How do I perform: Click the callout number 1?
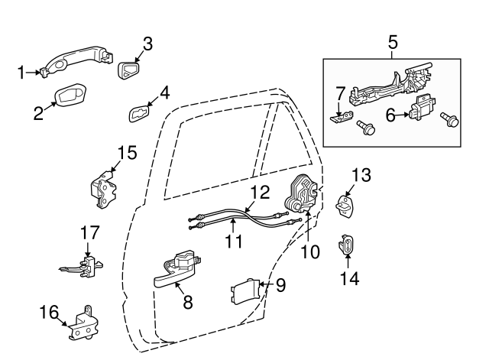(x=21, y=73)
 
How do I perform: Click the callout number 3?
(x=147, y=44)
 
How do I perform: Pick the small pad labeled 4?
(x=140, y=114)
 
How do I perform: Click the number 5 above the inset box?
(x=393, y=41)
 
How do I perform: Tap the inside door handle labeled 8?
(x=180, y=269)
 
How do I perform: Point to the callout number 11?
(x=233, y=242)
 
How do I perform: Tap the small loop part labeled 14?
(x=346, y=246)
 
